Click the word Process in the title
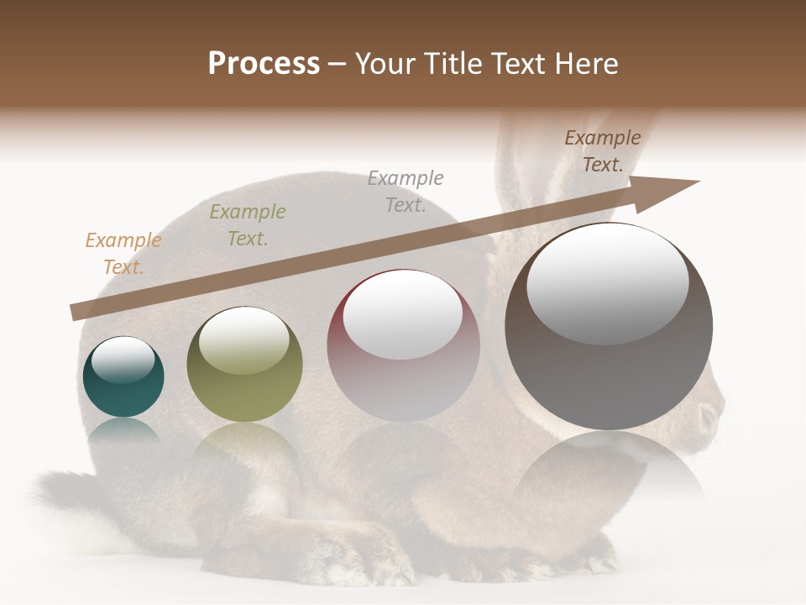[x=264, y=64]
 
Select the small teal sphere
[x=123, y=377]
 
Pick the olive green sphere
[x=244, y=365]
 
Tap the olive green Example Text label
[x=247, y=225]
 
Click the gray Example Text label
[x=406, y=192]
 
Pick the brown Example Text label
[x=602, y=151]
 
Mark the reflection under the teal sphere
[x=123, y=430]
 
